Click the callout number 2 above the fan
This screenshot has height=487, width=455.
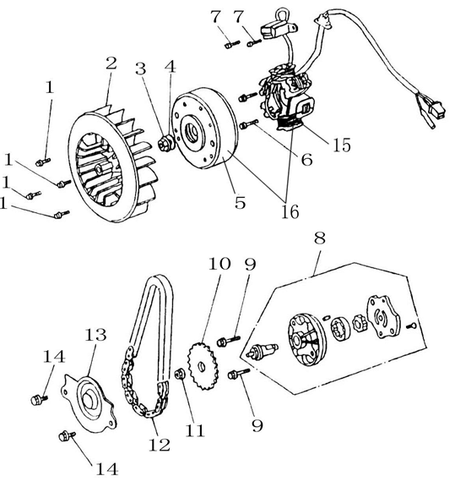click(111, 63)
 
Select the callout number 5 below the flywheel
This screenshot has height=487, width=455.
click(240, 203)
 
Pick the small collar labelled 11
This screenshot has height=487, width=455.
click(180, 374)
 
